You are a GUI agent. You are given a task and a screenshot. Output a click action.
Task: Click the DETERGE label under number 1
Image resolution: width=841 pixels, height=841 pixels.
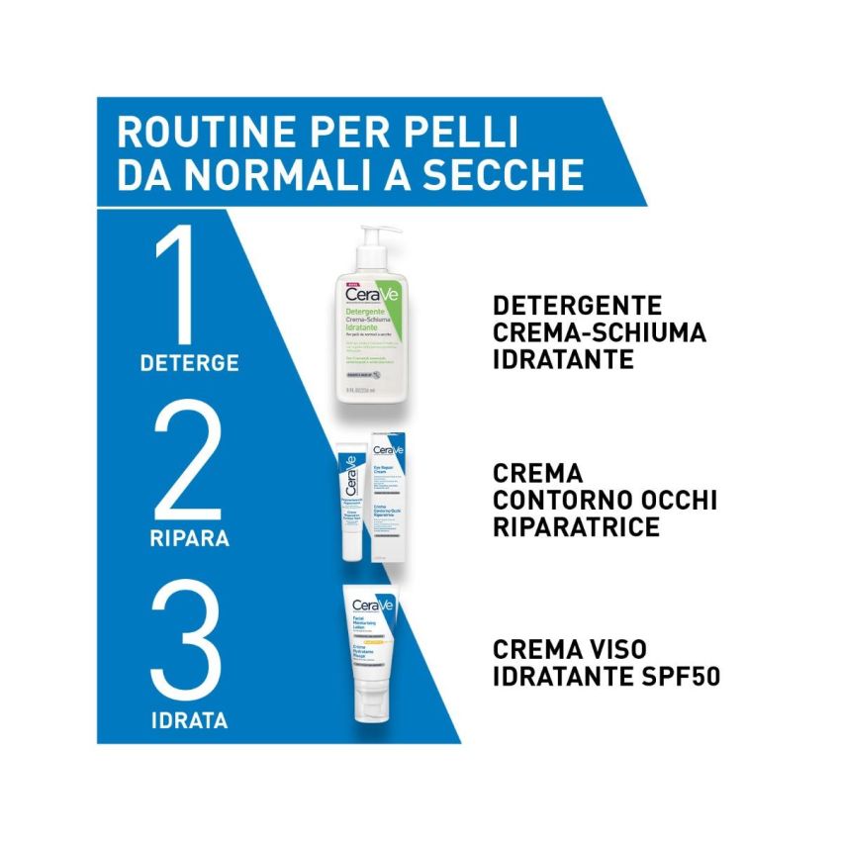tap(189, 363)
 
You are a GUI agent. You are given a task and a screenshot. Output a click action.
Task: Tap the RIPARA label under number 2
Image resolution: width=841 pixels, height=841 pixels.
tap(190, 540)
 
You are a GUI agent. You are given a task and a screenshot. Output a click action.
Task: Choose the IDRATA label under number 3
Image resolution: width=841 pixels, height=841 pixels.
tap(188, 720)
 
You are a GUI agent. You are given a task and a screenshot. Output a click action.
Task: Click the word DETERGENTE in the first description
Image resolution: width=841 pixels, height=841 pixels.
tap(577, 306)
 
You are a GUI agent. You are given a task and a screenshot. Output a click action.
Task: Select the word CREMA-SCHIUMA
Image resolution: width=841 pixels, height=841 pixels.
tap(599, 332)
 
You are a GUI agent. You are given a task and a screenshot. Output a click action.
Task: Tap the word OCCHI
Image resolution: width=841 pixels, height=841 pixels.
tap(668, 500)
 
